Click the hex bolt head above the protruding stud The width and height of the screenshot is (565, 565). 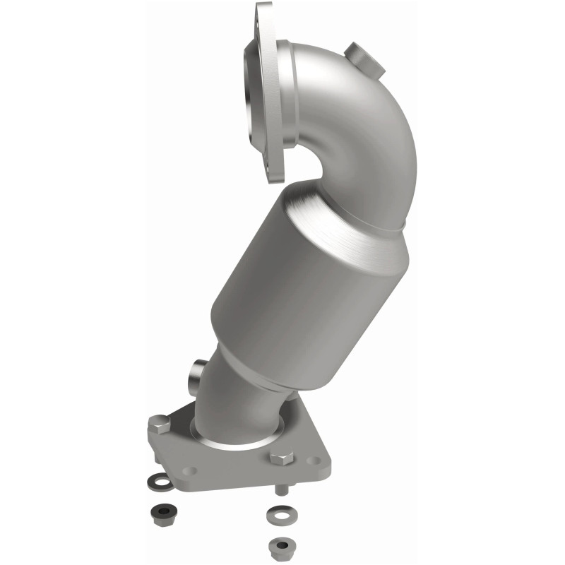click(x=281, y=457)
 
